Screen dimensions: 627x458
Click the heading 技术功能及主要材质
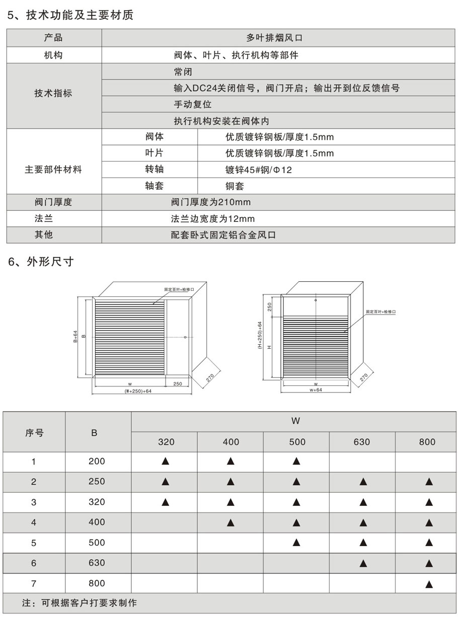[77, 16]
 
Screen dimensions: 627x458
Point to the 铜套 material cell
[235, 186]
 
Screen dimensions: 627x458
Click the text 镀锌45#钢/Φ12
[259, 170]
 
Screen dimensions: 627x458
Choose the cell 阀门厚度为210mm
[211, 202]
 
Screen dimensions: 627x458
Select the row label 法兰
[53, 219]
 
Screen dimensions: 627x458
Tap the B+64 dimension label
[74, 336]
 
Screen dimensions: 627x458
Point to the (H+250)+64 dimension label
[260, 335]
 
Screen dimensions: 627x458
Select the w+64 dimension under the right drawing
[316, 389]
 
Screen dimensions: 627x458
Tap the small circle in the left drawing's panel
[185, 337]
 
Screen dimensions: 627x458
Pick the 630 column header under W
[361, 442]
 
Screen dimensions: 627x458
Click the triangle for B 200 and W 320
[165, 461]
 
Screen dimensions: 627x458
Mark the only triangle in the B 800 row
[428, 584]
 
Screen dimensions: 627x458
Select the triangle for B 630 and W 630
[362, 563]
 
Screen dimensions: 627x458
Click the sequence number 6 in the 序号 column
[34, 563]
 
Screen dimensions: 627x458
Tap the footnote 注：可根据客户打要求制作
[80, 602]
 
